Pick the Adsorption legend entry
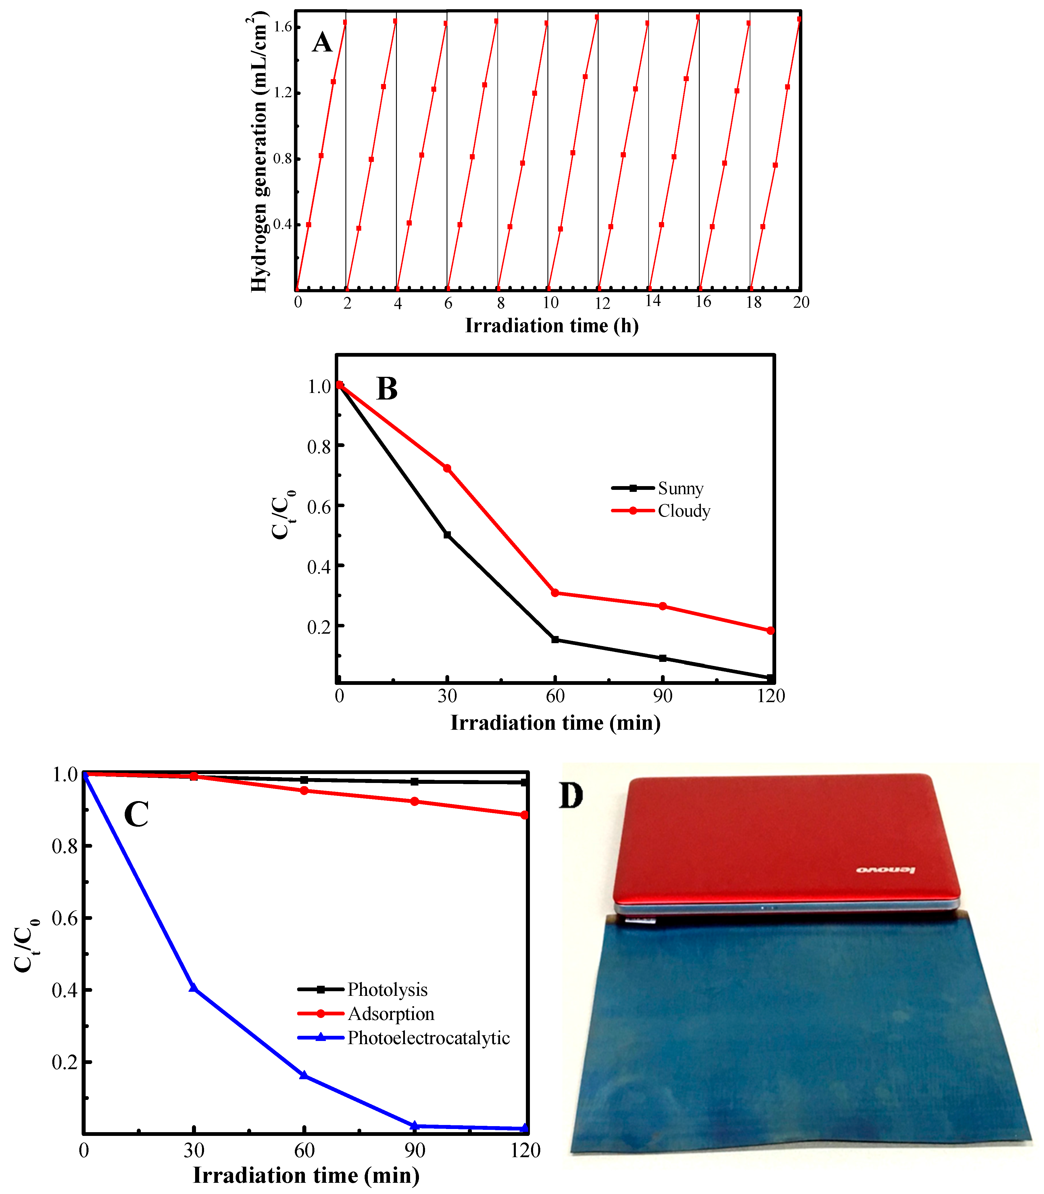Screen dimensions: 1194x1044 pyautogui.click(x=391, y=1014)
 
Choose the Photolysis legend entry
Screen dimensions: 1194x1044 pyautogui.click(x=387, y=989)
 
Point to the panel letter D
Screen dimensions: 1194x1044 pyautogui.click(x=571, y=796)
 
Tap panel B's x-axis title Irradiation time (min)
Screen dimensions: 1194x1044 pyautogui.click(x=555, y=723)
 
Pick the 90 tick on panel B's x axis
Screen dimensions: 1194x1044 pyautogui.click(x=662, y=696)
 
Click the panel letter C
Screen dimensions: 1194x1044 pyautogui.click(x=136, y=814)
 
